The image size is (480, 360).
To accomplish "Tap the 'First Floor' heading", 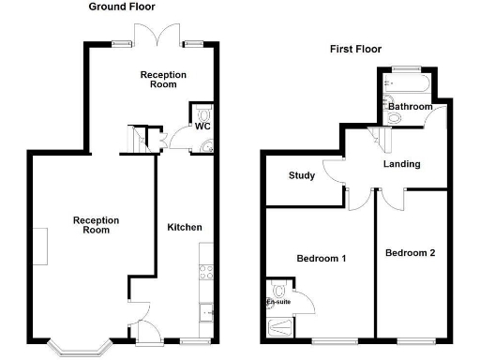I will click(355, 49).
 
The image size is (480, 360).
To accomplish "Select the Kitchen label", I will click(185, 228).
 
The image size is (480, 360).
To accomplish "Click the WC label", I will click(202, 126).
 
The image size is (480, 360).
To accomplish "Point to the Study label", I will click(301, 175).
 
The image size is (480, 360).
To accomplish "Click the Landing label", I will click(401, 164).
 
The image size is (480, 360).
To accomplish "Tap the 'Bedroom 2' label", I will click(410, 253).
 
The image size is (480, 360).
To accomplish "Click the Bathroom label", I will click(411, 107).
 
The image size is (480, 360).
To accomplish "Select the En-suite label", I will click(278, 303).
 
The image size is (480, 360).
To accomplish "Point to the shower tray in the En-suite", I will click(279, 326).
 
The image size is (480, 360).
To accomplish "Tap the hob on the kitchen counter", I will click(207, 273).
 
